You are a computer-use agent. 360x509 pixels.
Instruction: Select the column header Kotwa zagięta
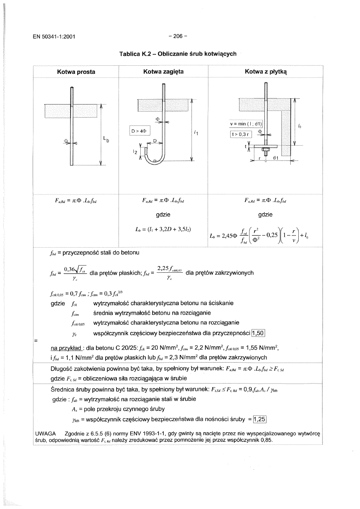pos(163,72)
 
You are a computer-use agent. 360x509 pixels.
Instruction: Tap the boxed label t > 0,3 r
pos(241,134)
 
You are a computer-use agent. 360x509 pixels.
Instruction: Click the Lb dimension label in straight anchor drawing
pos(106,140)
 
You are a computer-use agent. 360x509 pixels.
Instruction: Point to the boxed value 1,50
pos(257,332)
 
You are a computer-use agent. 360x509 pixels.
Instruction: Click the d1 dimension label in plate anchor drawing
pos(276,157)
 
